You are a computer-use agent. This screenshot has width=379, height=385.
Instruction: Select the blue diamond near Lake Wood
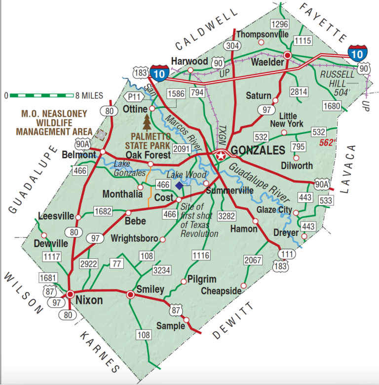click(x=179, y=185)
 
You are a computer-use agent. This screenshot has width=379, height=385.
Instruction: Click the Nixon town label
click(x=90, y=300)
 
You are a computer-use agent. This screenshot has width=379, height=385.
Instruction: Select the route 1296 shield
click(x=279, y=24)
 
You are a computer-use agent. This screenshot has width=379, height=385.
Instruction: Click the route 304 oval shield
click(x=231, y=45)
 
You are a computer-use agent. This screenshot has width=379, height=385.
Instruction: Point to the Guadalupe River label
click(x=259, y=182)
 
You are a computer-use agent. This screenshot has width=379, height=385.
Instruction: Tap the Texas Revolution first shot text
click(x=198, y=220)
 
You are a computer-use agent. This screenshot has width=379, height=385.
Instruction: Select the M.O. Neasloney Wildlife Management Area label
click(x=54, y=123)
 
